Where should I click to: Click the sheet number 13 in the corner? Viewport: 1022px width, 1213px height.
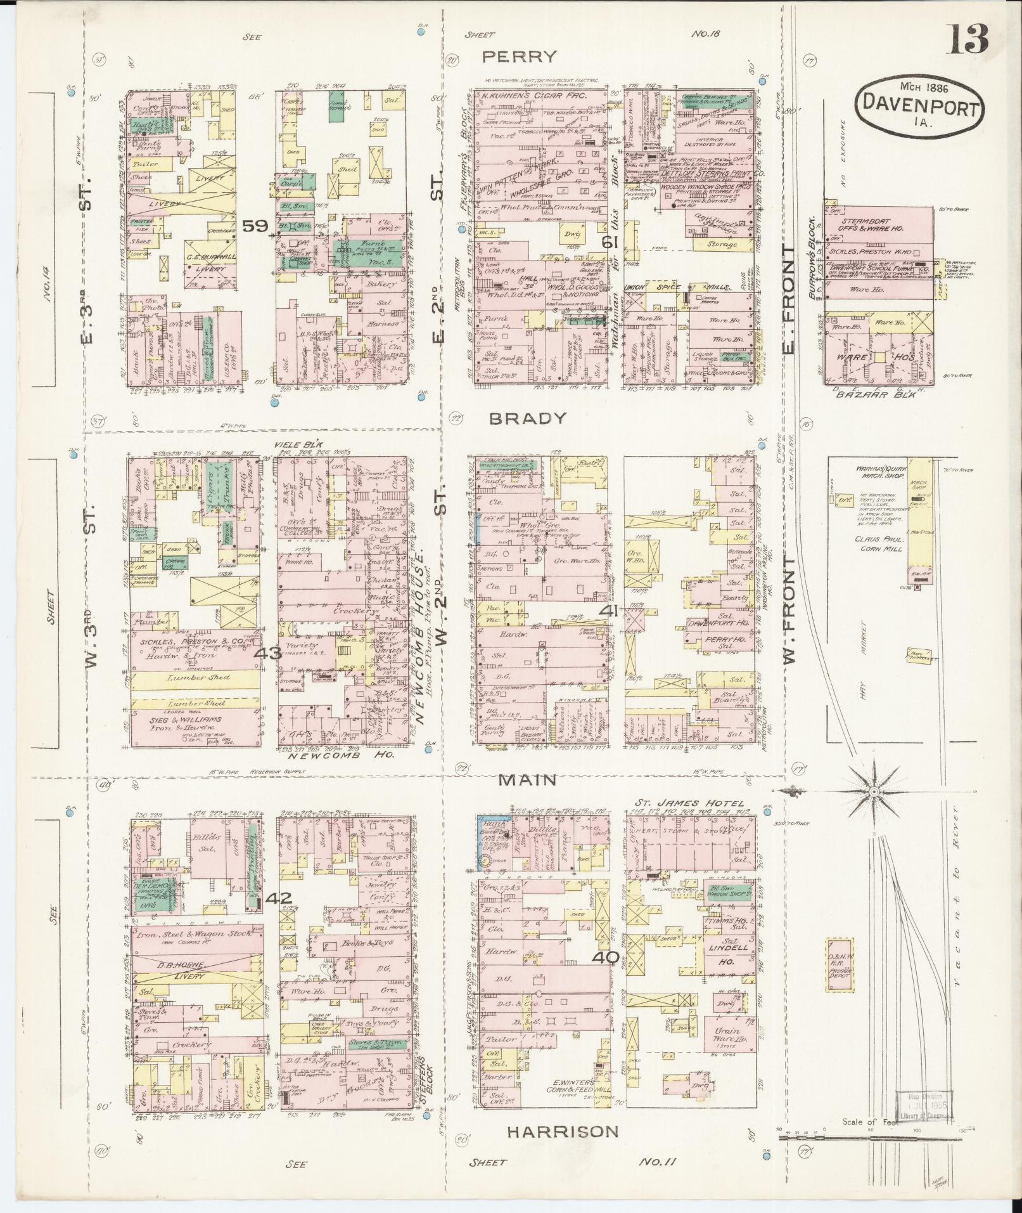(x=968, y=39)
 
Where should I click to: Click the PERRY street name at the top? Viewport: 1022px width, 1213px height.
(x=520, y=57)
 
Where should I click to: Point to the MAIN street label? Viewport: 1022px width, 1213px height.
(x=527, y=780)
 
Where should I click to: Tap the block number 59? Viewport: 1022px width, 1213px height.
(x=256, y=226)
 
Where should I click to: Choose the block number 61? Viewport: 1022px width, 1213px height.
(x=610, y=242)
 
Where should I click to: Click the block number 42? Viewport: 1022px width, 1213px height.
(x=279, y=898)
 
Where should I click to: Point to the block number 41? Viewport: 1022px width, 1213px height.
(x=610, y=611)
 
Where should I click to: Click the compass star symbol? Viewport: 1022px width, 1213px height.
(x=873, y=792)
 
